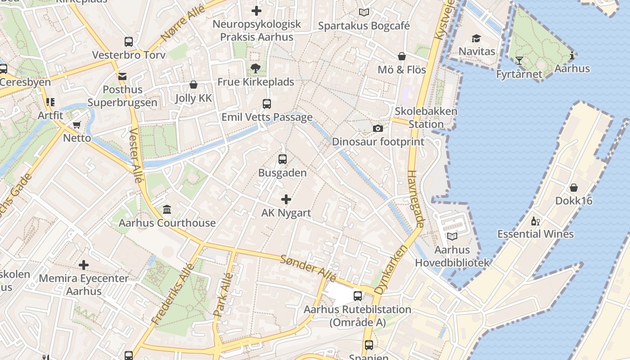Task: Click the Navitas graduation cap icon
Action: [x=476, y=39]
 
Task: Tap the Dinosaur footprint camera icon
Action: [x=378, y=129]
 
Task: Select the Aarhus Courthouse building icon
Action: [x=167, y=210]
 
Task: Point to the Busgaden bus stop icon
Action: [x=283, y=159]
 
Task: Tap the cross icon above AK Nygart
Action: [x=286, y=199]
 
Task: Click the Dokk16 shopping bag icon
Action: [x=574, y=188]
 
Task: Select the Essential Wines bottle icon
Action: [x=535, y=221]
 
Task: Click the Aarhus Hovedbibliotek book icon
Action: [x=452, y=237]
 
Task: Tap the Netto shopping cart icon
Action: [x=77, y=125]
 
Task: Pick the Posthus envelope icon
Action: [x=122, y=76]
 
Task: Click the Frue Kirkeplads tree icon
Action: [x=256, y=68]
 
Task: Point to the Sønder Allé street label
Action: [x=308, y=267]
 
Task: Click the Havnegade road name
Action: [x=416, y=198]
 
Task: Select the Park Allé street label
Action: [x=224, y=296]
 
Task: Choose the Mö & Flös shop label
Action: [x=402, y=70]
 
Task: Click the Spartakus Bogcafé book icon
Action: [x=364, y=13]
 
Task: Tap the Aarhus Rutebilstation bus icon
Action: [x=358, y=296]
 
